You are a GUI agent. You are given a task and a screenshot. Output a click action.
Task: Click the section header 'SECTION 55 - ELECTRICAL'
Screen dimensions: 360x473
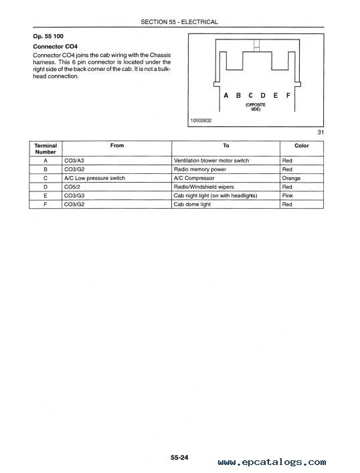pos(179,22)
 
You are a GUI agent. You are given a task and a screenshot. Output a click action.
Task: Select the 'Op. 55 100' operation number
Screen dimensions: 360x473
pos(48,36)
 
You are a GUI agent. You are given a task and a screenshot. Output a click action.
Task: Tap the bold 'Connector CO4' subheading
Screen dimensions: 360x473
pos(56,46)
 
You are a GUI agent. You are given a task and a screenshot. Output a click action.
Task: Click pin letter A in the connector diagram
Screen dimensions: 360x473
pos(226,96)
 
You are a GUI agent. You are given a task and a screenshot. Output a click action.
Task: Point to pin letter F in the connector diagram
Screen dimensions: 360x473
pos(288,96)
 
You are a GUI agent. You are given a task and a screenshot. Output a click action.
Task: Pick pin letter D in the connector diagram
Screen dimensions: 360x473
pos(263,96)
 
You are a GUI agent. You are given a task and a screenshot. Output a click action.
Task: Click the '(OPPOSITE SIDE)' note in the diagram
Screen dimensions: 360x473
pos(256,107)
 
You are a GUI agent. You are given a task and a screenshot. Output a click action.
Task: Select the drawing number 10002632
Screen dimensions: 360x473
pos(201,120)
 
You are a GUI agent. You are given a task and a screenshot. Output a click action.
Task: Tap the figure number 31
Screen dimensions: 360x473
pos(321,132)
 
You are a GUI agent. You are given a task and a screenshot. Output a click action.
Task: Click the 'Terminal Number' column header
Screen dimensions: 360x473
pos(46,149)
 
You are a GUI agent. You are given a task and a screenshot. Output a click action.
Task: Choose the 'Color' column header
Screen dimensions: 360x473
pos(302,145)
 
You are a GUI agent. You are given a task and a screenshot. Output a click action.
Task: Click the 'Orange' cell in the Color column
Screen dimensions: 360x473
pos(291,178)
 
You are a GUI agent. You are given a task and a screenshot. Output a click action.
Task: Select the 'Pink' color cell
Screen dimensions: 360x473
pos(287,195)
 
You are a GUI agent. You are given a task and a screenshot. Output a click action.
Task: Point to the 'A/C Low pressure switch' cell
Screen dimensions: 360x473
pos(94,178)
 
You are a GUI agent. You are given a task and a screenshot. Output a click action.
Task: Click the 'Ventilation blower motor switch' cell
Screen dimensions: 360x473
pos(211,161)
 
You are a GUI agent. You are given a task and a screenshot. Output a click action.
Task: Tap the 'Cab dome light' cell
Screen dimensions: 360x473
pos(192,204)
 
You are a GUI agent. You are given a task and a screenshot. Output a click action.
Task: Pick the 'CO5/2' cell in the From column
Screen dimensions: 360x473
pos(72,187)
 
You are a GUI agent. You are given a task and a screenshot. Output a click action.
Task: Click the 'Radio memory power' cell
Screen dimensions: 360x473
pos(200,169)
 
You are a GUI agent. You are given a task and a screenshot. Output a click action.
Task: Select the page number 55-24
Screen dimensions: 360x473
pos(179,458)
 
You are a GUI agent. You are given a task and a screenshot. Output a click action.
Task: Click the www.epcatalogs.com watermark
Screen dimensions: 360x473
pos(272,462)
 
